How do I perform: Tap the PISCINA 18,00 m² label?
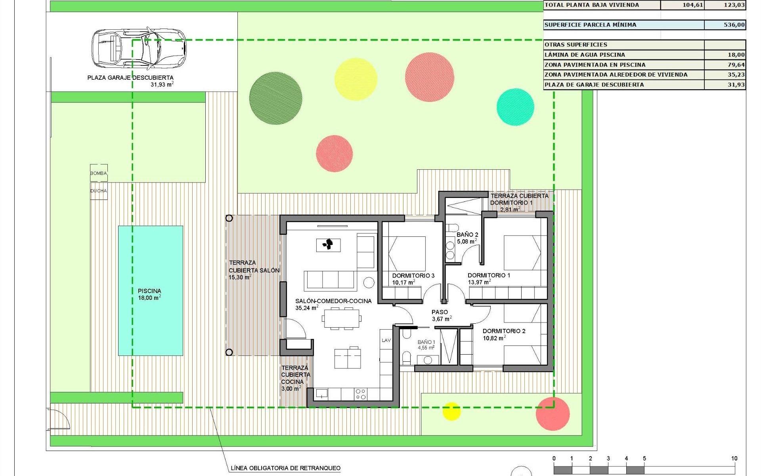(x=149, y=294)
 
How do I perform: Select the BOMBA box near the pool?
(x=99, y=173)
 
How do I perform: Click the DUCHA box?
(x=99, y=191)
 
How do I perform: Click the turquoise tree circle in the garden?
(x=515, y=107)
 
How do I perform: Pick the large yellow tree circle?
(x=356, y=79)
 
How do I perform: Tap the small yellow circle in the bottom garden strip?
(x=451, y=411)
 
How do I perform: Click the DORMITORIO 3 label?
(x=413, y=276)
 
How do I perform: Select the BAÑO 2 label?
(x=467, y=235)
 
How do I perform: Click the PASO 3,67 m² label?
(x=441, y=315)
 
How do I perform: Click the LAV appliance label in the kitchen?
(x=386, y=340)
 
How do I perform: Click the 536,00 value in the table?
(x=734, y=25)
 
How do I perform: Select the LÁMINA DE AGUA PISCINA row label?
(x=585, y=55)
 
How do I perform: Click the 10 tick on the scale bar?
(x=734, y=459)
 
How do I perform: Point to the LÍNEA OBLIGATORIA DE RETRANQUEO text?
(x=285, y=468)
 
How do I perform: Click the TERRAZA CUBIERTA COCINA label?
(x=295, y=378)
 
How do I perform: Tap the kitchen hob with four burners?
(x=361, y=394)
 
